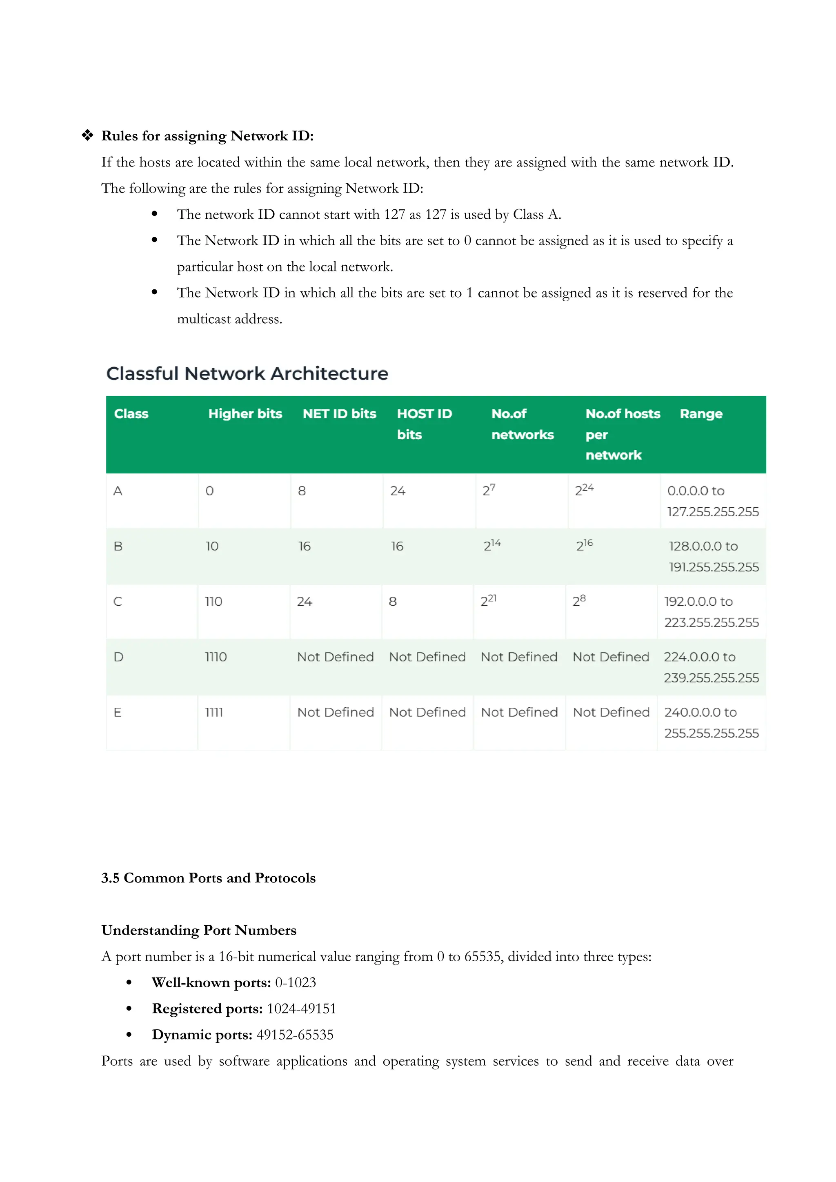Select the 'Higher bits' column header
click(x=245, y=414)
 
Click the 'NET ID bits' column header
click(x=339, y=414)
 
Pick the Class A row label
click(x=118, y=491)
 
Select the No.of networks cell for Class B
click(x=491, y=546)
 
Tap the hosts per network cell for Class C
click(x=579, y=601)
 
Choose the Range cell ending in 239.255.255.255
click(x=711, y=668)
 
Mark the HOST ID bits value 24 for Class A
click(x=398, y=491)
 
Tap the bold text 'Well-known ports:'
click(x=211, y=983)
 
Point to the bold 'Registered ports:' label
click(x=207, y=1009)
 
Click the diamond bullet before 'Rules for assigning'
click(x=87, y=136)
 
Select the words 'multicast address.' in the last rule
click(x=229, y=319)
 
